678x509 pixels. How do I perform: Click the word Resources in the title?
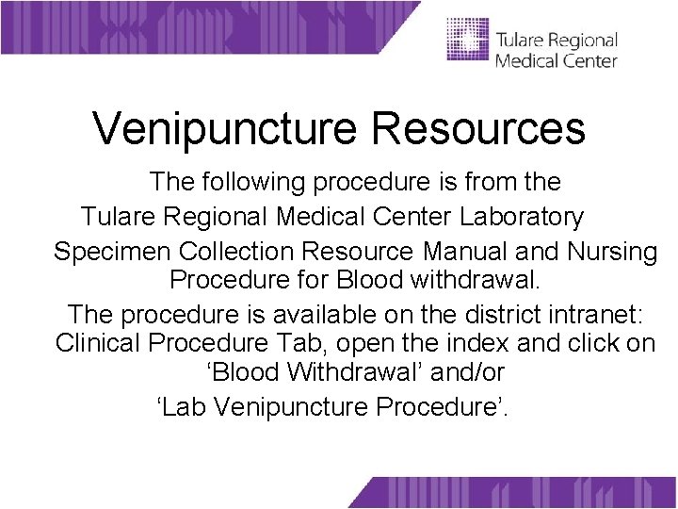click(x=478, y=129)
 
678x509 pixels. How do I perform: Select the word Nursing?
click(x=612, y=253)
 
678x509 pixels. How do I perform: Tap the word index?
click(x=486, y=343)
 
